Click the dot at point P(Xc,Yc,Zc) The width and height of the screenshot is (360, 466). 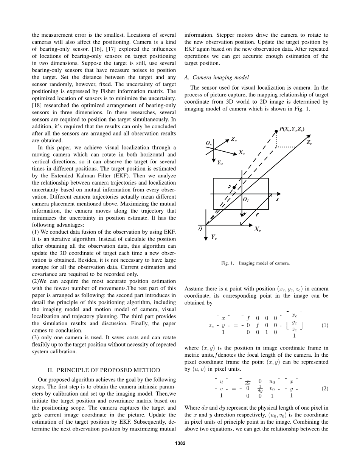(276, 131)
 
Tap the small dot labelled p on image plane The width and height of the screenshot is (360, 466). (234, 188)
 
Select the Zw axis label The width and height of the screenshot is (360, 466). (234, 140)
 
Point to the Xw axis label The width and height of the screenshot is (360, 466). (242, 152)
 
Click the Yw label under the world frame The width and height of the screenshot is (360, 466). (220, 162)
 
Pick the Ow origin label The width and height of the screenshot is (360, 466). (209, 143)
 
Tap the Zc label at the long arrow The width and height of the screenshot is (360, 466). (309, 143)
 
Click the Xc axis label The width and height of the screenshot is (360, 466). (257, 229)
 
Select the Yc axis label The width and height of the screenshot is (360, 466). (214, 237)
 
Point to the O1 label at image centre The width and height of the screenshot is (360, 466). (246, 199)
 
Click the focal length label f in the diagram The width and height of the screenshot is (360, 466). (257, 215)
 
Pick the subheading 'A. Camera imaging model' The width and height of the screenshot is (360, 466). (217, 77)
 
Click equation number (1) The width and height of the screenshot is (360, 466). (324, 325)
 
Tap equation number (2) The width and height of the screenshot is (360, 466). (324, 388)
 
